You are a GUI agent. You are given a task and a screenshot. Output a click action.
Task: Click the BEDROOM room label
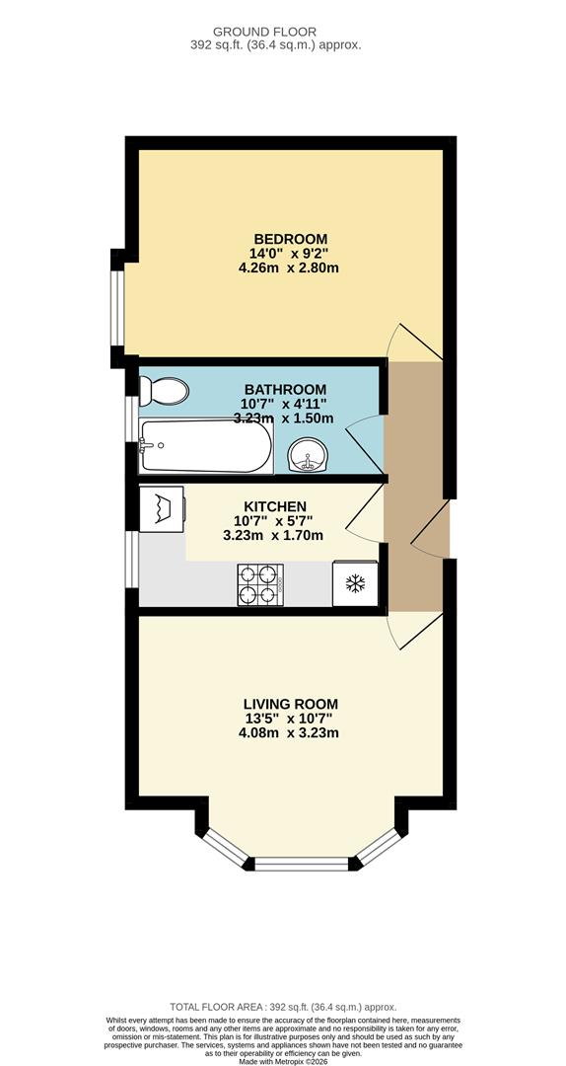pos(290,239)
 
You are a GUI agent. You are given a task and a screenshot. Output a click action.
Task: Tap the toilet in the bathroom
pos(164,392)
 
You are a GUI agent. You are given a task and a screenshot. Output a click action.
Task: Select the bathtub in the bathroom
pos(205,447)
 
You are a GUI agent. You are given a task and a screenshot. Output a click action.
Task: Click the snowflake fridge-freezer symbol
pos(354,583)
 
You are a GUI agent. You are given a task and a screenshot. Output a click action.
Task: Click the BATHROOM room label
pos(285,389)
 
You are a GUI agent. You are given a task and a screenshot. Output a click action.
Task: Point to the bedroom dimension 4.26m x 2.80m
pos(289,268)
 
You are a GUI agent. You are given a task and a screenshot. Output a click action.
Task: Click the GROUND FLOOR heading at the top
pos(282,31)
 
